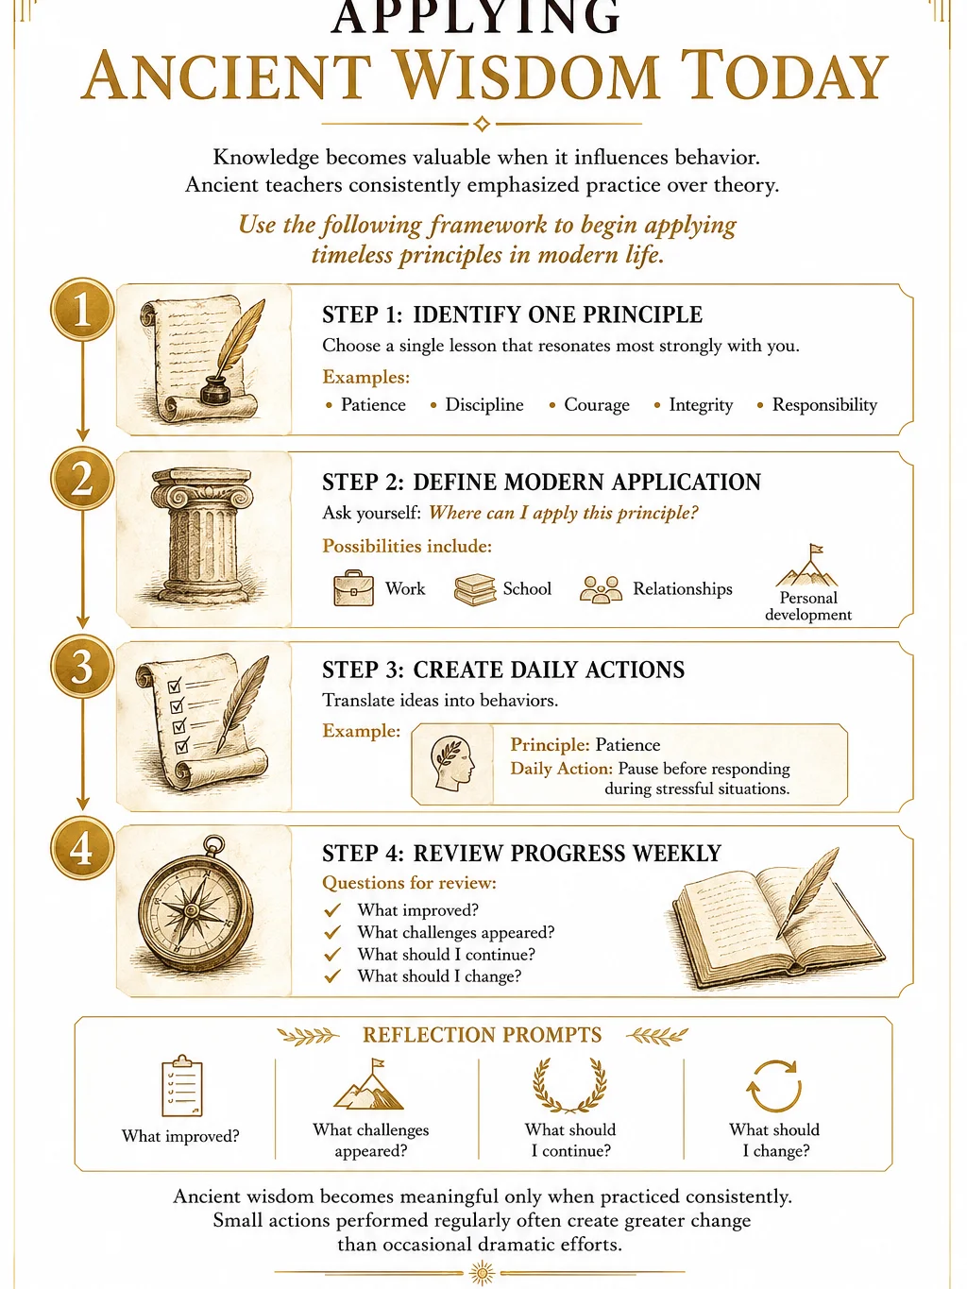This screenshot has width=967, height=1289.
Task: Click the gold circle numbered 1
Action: point(82,310)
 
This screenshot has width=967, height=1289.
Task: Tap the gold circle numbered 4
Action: point(82,848)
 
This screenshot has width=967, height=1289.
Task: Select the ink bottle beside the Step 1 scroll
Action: point(215,391)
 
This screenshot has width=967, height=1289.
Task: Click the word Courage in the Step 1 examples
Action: point(597,404)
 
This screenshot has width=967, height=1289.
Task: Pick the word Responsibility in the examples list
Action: point(824,404)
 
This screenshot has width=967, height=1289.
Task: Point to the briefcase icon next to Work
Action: point(353,587)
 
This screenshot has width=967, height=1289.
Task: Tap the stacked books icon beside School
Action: point(475,589)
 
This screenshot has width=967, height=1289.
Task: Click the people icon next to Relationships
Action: point(601,589)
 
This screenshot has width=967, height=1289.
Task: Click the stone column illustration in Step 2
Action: point(202,536)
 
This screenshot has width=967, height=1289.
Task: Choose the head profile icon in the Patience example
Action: point(452,763)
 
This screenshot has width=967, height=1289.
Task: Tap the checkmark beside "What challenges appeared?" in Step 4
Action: point(332,932)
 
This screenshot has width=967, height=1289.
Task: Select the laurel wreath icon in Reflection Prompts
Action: point(570,1086)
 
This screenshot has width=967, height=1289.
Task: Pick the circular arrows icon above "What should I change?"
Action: point(773,1086)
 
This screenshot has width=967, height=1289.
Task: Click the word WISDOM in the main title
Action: point(525,76)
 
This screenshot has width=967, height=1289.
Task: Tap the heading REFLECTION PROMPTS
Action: point(482,1035)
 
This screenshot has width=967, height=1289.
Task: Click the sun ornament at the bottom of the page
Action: point(482,1273)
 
